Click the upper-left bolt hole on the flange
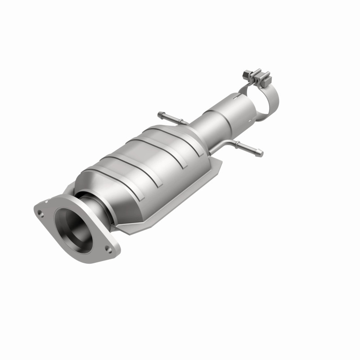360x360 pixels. click(x=41, y=208)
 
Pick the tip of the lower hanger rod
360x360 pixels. click(x=261, y=154)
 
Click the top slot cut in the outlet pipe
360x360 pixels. click(x=237, y=96)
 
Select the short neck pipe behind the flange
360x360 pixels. click(x=92, y=202)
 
